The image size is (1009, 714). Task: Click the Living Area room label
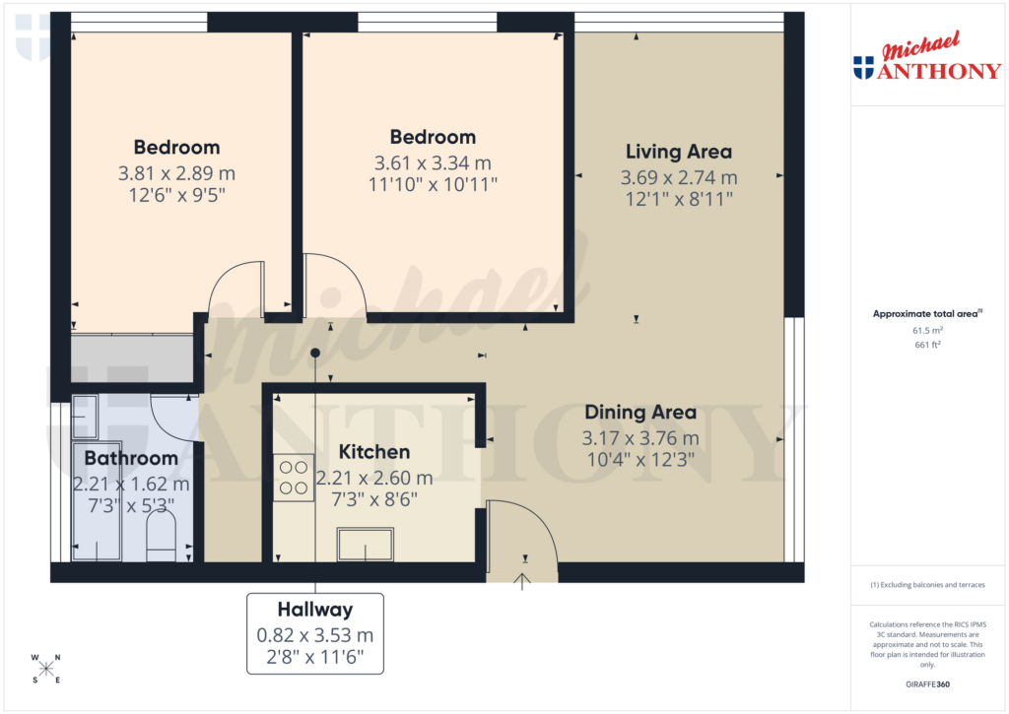tap(679, 152)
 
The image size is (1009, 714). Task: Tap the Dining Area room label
tap(640, 413)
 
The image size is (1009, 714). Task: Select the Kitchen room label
tap(374, 452)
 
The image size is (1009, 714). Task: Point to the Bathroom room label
tap(131, 458)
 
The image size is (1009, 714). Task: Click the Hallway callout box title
tap(315, 610)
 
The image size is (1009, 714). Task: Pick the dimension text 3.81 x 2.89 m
tap(177, 173)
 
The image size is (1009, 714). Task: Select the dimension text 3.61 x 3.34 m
tap(433, 162)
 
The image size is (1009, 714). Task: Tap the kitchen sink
tap(365, 544)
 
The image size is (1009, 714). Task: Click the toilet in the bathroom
tap(161, 540)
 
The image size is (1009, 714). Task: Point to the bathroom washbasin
tap(84, 416)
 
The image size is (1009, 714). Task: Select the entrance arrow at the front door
tap(522, 582)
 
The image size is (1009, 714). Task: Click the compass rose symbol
tap(46, 669)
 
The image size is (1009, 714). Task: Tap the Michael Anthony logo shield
tap(863, 68)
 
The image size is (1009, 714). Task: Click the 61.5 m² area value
tap(927, 332)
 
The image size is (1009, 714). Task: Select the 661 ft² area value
tap(927, 345)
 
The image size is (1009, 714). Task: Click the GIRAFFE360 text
tap(927, 684)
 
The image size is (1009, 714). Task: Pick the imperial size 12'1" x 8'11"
tap(679, 198)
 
